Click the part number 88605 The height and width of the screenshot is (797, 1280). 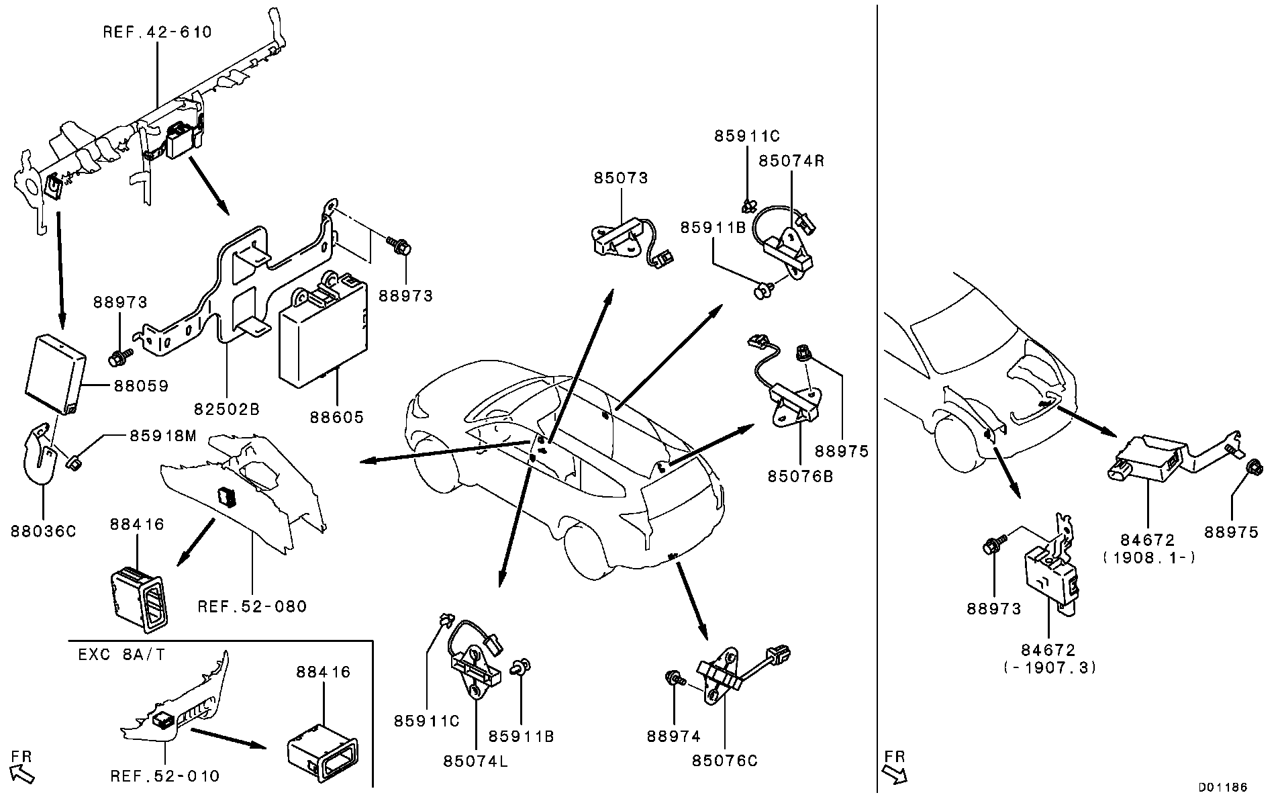coord(337,417)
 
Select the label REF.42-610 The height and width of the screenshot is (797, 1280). coord(158,32)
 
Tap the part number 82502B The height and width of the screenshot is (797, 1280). coord(227,409)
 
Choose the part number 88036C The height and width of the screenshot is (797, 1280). coord(44,531)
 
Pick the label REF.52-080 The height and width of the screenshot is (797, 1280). coord(252,606)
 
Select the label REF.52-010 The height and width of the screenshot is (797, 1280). coord(165,776)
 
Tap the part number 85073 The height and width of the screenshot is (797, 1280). coord(621,178)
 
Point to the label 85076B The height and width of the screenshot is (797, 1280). coord(801,476)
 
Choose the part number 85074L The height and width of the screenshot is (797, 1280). coord(475,761)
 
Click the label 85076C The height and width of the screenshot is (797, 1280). coord(725,761)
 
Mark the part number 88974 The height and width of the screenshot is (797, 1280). coord(674,737)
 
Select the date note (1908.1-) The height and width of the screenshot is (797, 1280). coord(1148,557)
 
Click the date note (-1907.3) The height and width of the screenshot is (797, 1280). coord(1049,667)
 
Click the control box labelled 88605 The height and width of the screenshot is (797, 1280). coord(323,329)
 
